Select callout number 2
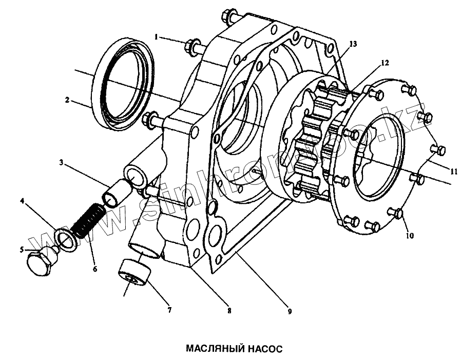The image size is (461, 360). point(67,100)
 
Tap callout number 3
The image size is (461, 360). point(61,163)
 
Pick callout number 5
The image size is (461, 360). point(22,250)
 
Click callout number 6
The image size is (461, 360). point(95,268)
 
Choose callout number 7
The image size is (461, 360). point(169,310)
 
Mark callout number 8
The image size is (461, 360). point(229,311)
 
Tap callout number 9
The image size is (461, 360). point(290,311)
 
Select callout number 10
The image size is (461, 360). point(409,236)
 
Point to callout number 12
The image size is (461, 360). point(384,63)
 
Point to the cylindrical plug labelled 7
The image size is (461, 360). point(134,273)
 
